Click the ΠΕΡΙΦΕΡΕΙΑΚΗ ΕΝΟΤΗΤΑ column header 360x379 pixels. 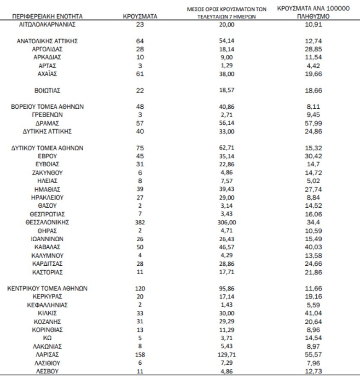pos(47,17)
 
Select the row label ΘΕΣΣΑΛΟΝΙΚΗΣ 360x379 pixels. pos(47,222)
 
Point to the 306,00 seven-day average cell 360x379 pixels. pos(226,222)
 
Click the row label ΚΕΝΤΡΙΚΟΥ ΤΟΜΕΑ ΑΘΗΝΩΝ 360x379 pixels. pos(47,289)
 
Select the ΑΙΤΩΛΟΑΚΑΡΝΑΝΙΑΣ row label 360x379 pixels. pos(47,24)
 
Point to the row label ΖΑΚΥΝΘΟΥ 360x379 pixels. pos(47,173)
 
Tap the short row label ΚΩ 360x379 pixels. pos(47,338)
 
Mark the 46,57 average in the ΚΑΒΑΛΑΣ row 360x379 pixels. pos(226,247)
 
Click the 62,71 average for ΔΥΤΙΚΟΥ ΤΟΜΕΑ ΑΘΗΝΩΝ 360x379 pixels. pos(226,148)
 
